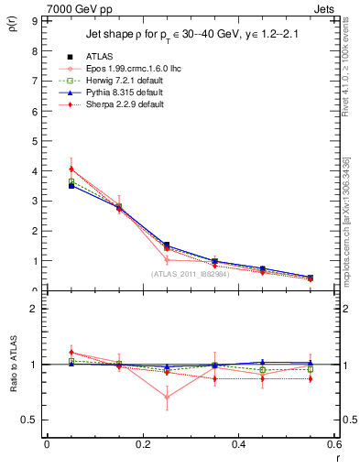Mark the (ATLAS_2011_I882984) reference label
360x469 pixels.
point(191,273)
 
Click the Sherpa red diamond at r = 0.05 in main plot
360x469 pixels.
point(71,169)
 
